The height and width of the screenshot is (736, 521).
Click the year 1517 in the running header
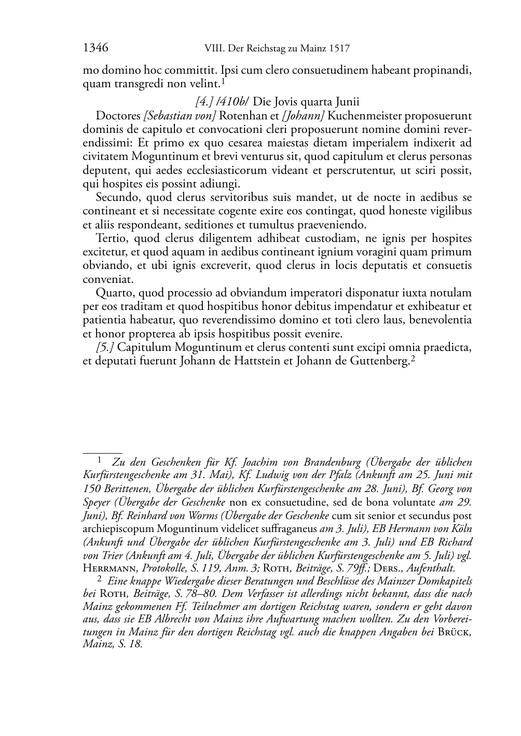[x=339, y=49]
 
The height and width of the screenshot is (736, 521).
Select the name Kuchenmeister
[x=363, y=116]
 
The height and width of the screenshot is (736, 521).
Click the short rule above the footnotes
[x=102, y=453]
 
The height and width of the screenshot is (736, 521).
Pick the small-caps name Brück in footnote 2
[x=453, y=632]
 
